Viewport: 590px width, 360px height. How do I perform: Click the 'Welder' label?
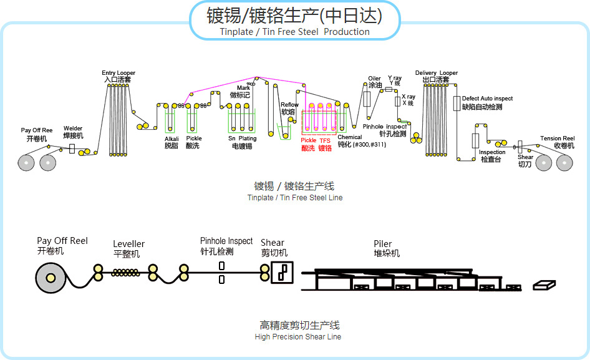pyautogui.click(x=72, y=128)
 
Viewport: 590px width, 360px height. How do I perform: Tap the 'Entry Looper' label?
pyautogui.click(x=118, y=73)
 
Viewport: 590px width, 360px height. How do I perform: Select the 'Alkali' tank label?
pyautogui.click(x=172, y=139)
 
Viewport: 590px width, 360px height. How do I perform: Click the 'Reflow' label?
pyautogui.click(x=289, y=105)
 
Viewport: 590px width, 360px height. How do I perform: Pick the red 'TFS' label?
pyautogui.click(x=325, y=141)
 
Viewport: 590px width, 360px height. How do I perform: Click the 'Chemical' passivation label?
pyautogui.click(x=349, y=137)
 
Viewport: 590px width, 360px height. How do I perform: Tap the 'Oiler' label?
pyautogui.click(x=374, y=79)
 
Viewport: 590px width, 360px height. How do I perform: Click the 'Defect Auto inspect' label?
pyautogui.click(x=487, y=99)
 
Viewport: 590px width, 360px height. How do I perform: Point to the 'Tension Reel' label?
pyautogui.click(x=557, y=139)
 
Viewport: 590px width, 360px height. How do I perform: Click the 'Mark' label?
pyautogui.click(x=243, y=88)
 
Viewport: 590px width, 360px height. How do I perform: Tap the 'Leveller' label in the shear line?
pyautogui.click(x=128, y=244)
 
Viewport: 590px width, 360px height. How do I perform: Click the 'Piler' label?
pyautogui.click(x=382, y=244)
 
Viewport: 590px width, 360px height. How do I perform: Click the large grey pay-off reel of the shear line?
pyautogui.click(x=51, y=278)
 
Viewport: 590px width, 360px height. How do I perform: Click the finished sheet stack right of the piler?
pyautogui.click(x=543, y=285)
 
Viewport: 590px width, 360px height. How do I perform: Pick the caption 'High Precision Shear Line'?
pyautogui.click(x=297, y=337)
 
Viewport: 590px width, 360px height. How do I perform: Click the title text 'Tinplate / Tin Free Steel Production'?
pyautogui.click(x=294, y=32)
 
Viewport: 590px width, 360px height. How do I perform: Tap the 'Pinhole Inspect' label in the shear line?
pyautogui.click(x=226, y=241)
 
